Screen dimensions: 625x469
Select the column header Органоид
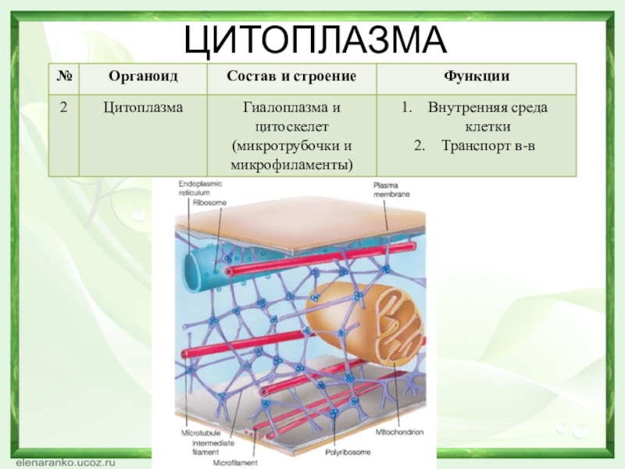click(x=142, y=77)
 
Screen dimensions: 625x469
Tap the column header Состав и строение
click(x=291, y=77)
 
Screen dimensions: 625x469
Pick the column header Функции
click(x=477, y=77)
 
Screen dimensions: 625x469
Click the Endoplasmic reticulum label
click(x=200, y=187)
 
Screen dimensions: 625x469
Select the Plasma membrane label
click(x=391, y=189)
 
